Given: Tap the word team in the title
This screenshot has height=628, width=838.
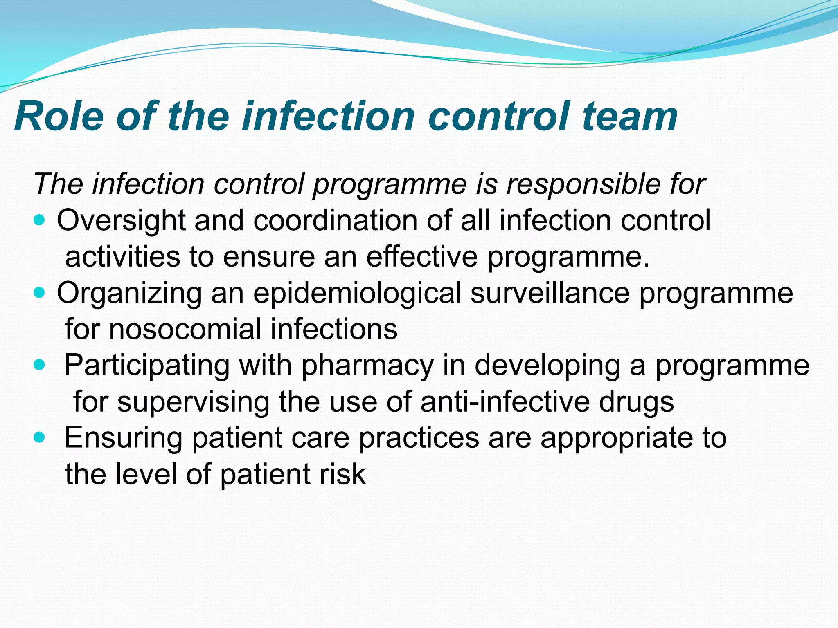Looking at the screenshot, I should click(630, 117).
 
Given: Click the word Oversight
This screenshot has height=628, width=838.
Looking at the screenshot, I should click(121, 221).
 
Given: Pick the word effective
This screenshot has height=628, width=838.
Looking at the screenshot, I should click(422, 257).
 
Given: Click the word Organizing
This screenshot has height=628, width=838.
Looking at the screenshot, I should click(129, 294).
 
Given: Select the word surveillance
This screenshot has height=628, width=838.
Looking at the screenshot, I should click(550, 293).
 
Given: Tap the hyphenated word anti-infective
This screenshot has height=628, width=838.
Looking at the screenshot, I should click(505, 401).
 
